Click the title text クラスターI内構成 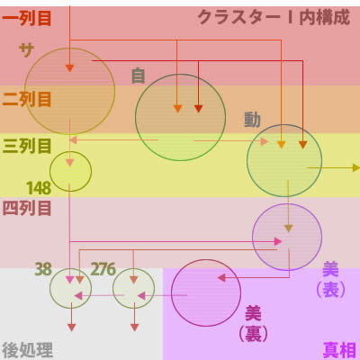pos(274,17)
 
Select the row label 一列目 pos(27,19)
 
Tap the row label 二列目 pos(27,99)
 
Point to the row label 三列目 pos(27,147)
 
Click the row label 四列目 pos(27,208)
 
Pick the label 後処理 pos(28,350)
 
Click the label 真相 pos(339,350)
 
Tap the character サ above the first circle pos(26,50)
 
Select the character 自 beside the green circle pos(139,76)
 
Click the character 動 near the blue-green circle pos(252,120)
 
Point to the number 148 pos(39,188)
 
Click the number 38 pos(43,269)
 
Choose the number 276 pos(103,269)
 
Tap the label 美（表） pos(330,280)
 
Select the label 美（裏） pos(253,324)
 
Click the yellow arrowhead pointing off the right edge pos(356,167)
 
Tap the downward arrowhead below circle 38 pos(71,328)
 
